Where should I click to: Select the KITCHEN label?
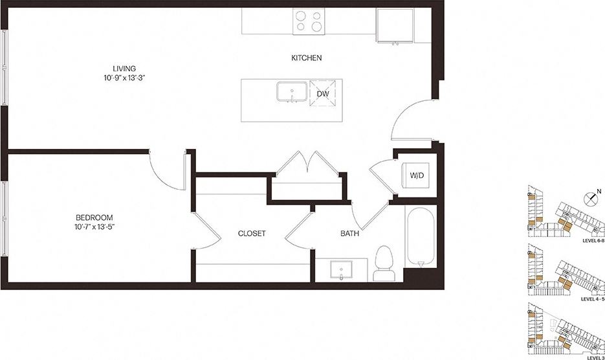[306, 58]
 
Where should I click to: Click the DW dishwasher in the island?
[323, 93]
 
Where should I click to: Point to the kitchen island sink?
[292, 92]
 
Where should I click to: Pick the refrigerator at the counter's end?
[393, 25]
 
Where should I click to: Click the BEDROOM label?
[94, 217]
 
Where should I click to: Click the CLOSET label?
[252, 234]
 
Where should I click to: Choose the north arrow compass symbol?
[590, 197]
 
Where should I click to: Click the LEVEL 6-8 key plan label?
[593, 241]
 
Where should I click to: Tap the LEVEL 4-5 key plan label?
[592, 299]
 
